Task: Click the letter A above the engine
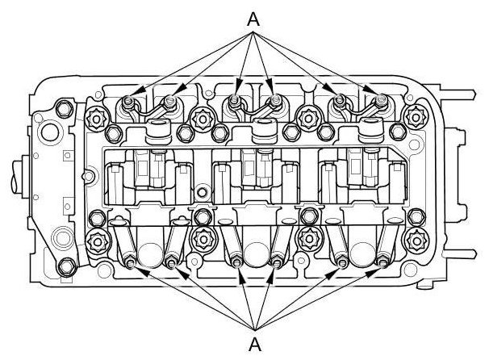point(253,19)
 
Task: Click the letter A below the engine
point(255,344)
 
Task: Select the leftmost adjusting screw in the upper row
point(128,101)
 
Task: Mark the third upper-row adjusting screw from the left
point(235,101)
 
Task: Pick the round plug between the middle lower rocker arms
point(256,253)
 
